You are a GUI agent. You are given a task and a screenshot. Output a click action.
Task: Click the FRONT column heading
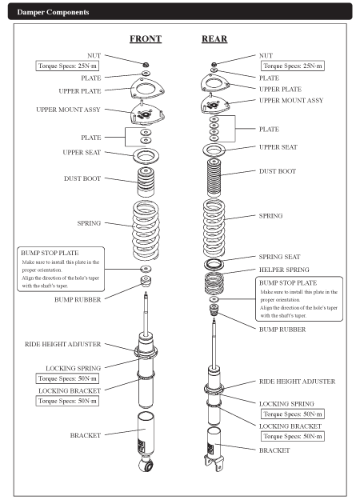(146, 39)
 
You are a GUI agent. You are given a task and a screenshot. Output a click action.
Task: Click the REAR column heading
(214, 39)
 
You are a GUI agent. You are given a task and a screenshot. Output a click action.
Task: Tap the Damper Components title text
(53, 12)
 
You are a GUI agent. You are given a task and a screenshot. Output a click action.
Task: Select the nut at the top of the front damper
(146, 65)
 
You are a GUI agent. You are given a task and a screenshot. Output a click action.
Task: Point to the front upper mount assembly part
(148, 114)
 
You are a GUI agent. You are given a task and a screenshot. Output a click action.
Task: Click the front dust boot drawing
(146, 182)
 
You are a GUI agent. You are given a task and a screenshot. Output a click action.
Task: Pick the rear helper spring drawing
(214, 282)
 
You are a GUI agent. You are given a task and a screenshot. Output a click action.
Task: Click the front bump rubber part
(146, 282)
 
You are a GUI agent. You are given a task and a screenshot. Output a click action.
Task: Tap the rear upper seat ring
(214, 150)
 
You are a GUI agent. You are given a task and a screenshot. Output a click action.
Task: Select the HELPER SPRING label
(284, 270)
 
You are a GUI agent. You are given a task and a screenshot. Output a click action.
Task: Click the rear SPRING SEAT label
(279, 257)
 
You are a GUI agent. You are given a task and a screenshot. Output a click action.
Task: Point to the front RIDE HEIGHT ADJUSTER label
(63, 344)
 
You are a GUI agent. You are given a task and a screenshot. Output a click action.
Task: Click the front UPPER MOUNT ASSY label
(68, 110)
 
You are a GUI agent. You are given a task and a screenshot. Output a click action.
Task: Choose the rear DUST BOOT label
(278, 171)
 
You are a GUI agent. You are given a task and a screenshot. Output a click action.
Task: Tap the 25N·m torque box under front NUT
(67, 66)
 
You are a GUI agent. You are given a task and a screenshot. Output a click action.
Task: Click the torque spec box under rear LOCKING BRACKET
(293, 436)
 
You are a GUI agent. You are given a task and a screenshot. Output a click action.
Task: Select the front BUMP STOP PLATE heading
(50, 253)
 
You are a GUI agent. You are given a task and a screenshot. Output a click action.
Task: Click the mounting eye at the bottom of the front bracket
(147, 466)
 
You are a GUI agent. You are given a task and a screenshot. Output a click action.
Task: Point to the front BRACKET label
(85, 435)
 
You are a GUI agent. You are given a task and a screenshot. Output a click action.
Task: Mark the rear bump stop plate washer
(214, 299)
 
